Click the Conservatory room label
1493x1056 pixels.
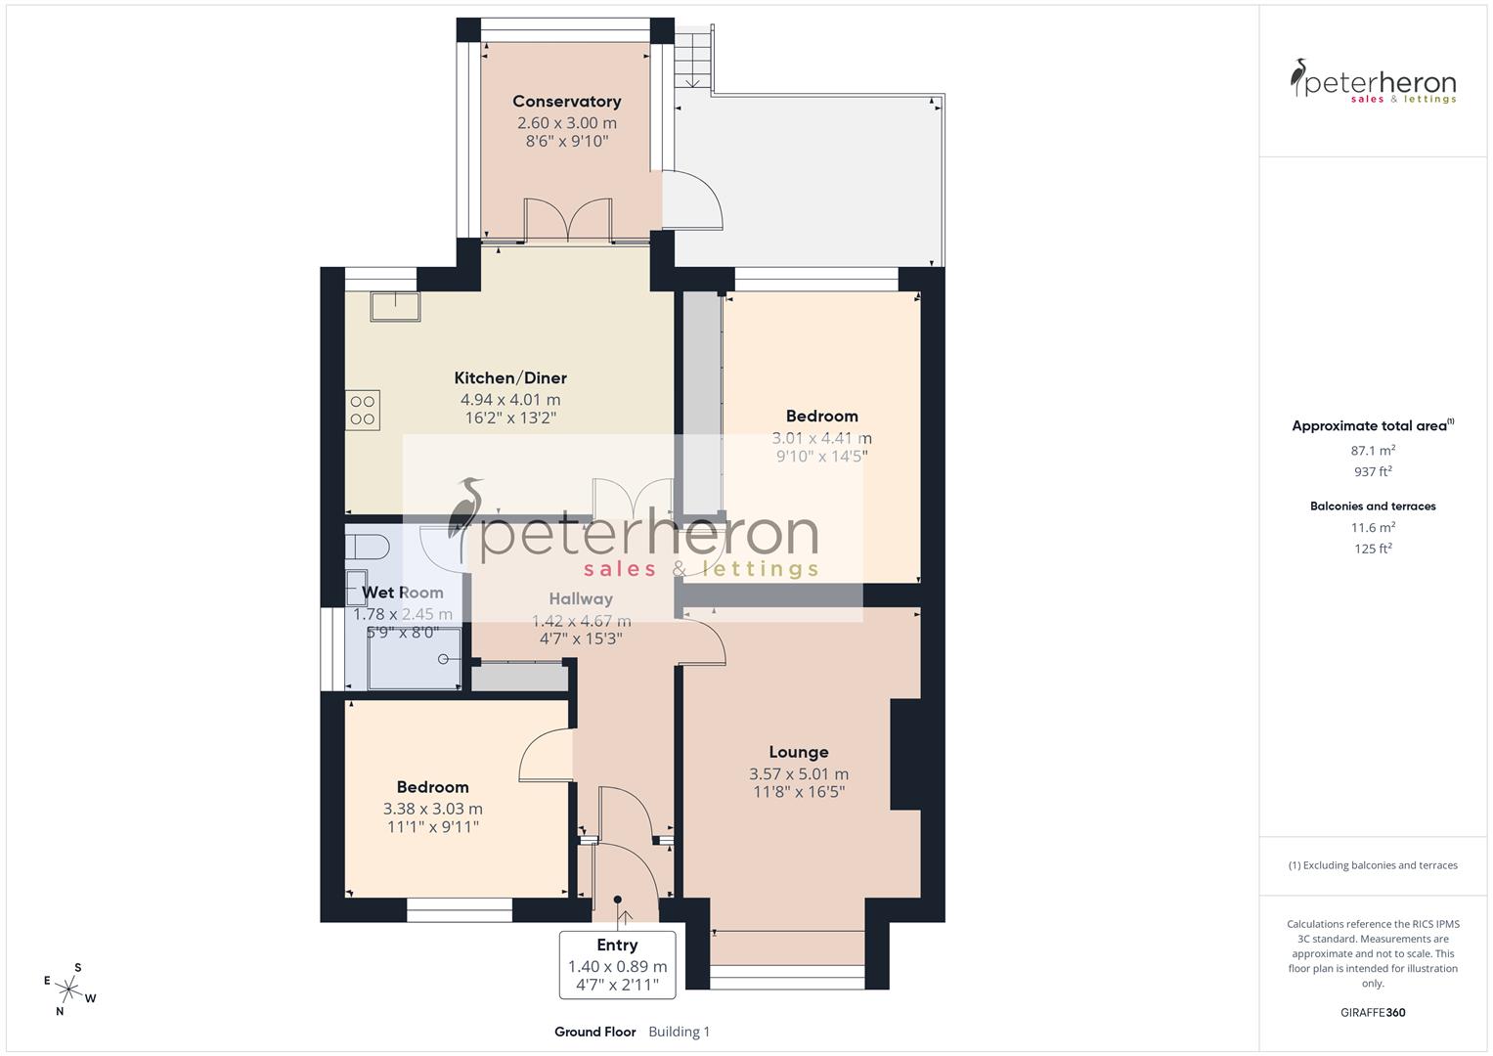pos(566,102)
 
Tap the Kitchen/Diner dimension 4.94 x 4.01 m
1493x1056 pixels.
pos(510,400)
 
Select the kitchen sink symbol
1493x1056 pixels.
pos(395,307)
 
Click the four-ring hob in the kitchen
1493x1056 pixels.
pos(363,410)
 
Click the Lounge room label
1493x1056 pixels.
pos(798,752)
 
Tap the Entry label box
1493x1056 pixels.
pos(617,964)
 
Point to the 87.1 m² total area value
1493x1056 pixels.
pos(1373,451)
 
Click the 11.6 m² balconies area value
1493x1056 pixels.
pos(1373,527)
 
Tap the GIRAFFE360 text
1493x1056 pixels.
pos(1373,1013)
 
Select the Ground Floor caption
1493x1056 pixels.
pos(594,1032)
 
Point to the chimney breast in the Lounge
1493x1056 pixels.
pos(904,754)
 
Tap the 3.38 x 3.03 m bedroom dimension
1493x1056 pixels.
pos(432,809)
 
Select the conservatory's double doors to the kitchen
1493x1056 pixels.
pos(568,220)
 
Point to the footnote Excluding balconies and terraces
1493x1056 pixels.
pos(1373,865)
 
